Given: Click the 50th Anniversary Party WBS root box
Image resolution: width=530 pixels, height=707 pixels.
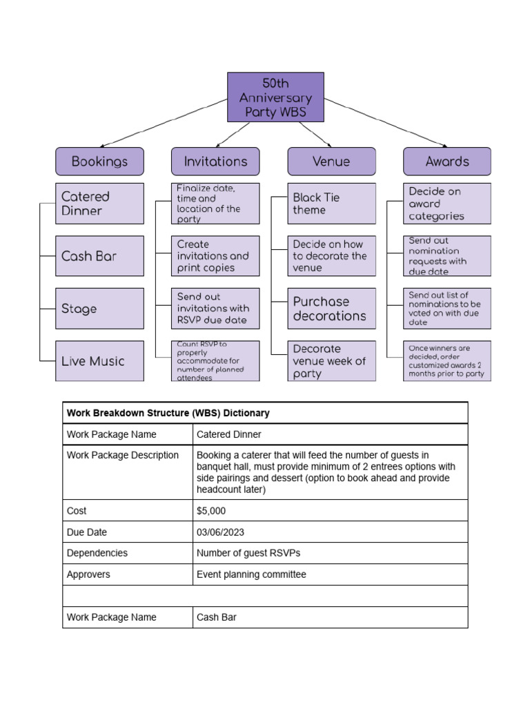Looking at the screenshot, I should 275,97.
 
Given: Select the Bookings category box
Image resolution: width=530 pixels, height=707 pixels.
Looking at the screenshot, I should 99,162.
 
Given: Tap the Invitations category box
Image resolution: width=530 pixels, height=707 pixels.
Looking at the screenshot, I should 215,162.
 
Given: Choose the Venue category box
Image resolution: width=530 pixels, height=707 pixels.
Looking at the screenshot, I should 331,162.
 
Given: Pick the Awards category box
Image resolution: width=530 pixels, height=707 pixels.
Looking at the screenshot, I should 447,162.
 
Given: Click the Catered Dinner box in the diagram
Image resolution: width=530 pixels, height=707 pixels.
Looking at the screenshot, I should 99,204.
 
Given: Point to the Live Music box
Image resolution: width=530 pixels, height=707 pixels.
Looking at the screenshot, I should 99,361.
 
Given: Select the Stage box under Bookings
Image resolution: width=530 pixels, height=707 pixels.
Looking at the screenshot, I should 99,309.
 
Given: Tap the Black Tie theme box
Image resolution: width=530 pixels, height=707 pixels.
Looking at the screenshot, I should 331,204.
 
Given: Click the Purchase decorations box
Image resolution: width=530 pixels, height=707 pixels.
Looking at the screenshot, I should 331,309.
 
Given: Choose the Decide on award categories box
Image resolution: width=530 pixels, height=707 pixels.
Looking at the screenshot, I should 447,204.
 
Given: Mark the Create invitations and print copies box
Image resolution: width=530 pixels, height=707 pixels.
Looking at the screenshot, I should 215,256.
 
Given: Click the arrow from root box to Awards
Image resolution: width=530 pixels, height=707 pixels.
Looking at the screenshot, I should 386,122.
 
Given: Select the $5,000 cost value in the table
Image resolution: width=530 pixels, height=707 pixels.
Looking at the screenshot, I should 211,511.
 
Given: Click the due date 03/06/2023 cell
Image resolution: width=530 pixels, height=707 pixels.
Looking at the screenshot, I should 220,532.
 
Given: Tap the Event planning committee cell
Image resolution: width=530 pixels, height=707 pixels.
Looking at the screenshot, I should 251,574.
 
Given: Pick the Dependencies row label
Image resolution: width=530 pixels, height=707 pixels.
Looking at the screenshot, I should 97,553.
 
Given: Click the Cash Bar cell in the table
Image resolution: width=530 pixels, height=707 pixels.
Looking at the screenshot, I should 217,617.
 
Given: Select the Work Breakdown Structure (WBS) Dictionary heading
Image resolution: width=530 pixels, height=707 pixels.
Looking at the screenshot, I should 168,413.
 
